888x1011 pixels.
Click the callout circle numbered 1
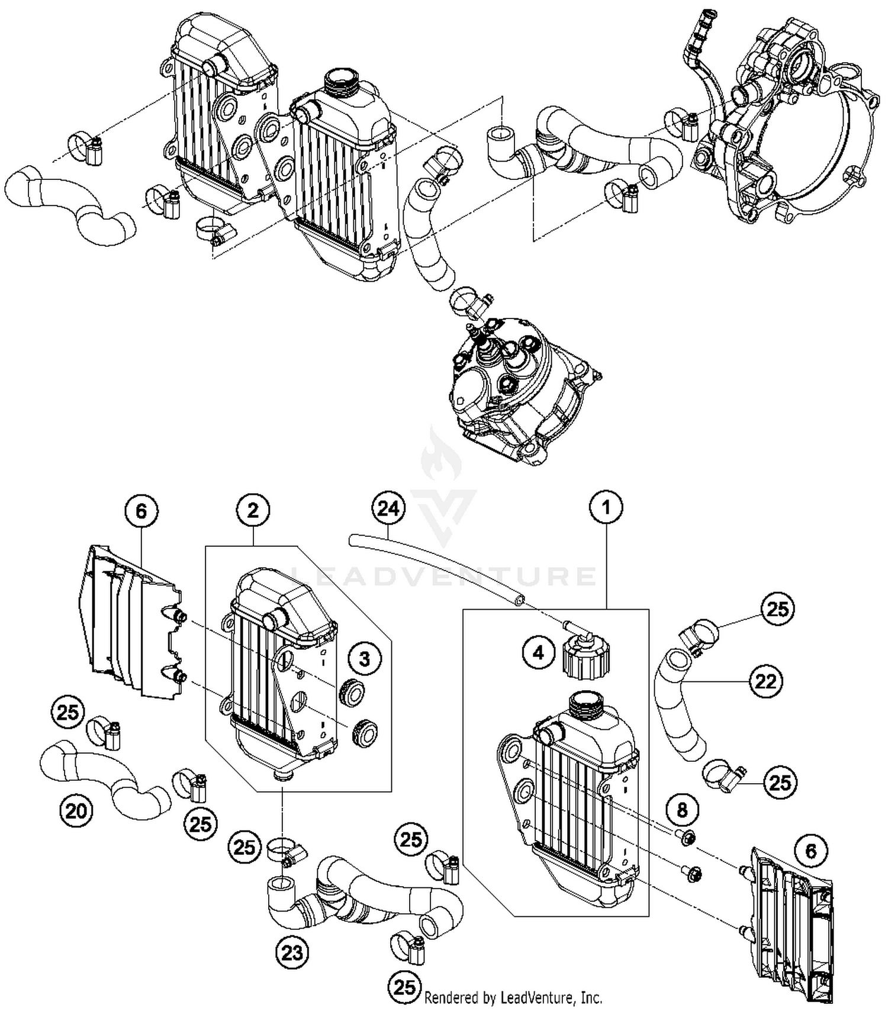coord(606,507)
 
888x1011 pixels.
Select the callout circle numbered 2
coord(253,510)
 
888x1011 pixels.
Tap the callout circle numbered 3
coord(365,658)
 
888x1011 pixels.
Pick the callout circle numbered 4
coord(538,653)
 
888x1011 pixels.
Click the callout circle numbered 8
coord(683,809)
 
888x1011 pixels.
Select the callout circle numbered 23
coord(292,952)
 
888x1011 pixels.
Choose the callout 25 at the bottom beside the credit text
coord(405,987)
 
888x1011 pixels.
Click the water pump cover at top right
coord(787,118)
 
